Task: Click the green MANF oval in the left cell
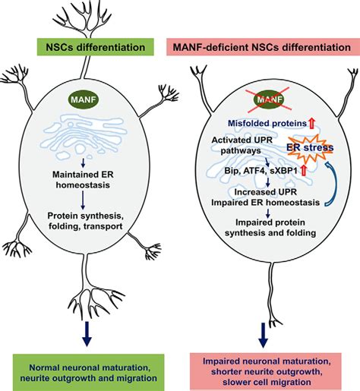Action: tap(84, 99)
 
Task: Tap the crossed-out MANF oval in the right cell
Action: tap(270, 99)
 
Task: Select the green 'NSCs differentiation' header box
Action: tap(96, 47)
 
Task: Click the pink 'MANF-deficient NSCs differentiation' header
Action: tap(262, 47)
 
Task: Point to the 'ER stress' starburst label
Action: tap(310, 147)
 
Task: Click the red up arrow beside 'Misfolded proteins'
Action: tap(311, 123)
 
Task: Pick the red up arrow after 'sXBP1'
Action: tap(303, 171)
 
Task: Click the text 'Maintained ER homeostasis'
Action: tap(83, 180)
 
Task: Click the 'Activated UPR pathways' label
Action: tap(242, 145)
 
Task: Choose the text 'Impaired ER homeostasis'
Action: tap(265, 203)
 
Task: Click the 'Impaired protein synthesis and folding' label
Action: tap(270, 228)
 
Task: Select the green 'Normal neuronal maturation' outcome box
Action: tap(89, 373)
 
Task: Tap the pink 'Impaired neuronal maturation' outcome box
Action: tap(266, 371)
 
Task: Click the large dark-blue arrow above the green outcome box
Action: tap(87, 334)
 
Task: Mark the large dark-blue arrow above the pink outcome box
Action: tap(264, 336)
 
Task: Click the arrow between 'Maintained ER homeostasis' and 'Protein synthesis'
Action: tap(83, 200)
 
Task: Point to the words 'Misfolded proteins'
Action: tap(267, 123)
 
